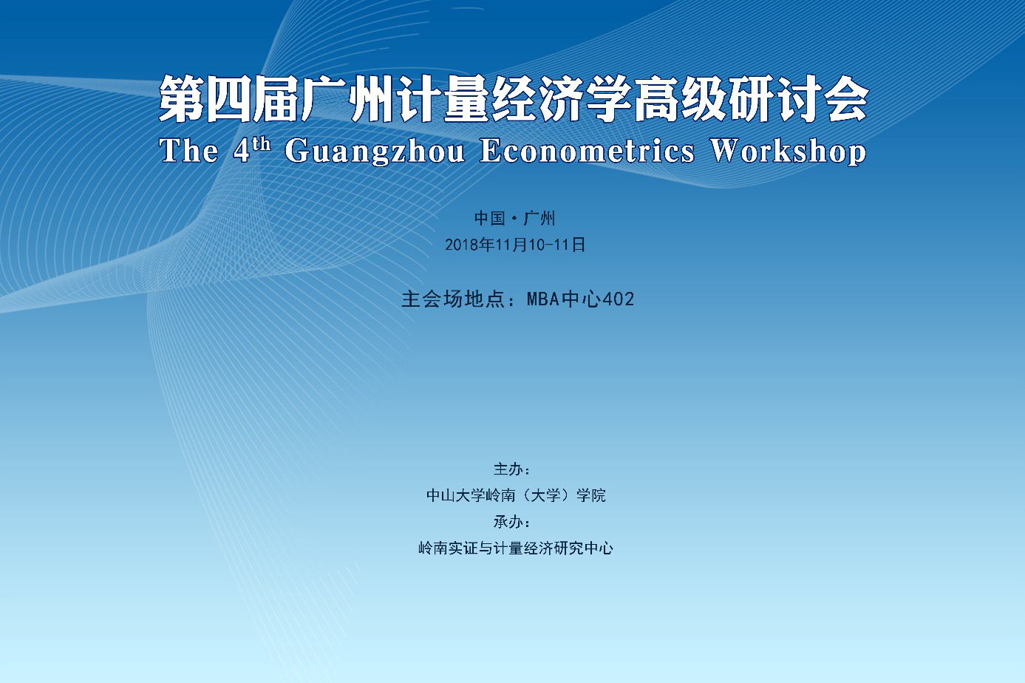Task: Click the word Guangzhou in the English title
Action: (x=375, y=151)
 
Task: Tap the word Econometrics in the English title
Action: (x=587, y=150)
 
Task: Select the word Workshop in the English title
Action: (x=789, y=151)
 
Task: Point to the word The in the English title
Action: (x=188, y=150)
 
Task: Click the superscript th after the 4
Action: (x=262, y=144)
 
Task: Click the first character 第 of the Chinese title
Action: (x=181, y=99)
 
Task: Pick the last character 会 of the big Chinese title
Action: (x=845, y=99)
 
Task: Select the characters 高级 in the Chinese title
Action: (x=679, y=99)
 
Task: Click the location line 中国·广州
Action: (x=515, y=218)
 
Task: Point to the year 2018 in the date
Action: (x=462, y=245)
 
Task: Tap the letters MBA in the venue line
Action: (x=543, y=299)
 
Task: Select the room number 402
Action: (x=619, y=299)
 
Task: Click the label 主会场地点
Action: (x=452, y=299)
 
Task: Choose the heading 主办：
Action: (x=512, y=469)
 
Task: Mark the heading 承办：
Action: (x=512, y=522)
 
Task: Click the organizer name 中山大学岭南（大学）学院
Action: (x=516, y=495)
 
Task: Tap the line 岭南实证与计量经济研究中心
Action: (x=516, y=548)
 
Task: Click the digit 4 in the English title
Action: (x=241, y=151)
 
